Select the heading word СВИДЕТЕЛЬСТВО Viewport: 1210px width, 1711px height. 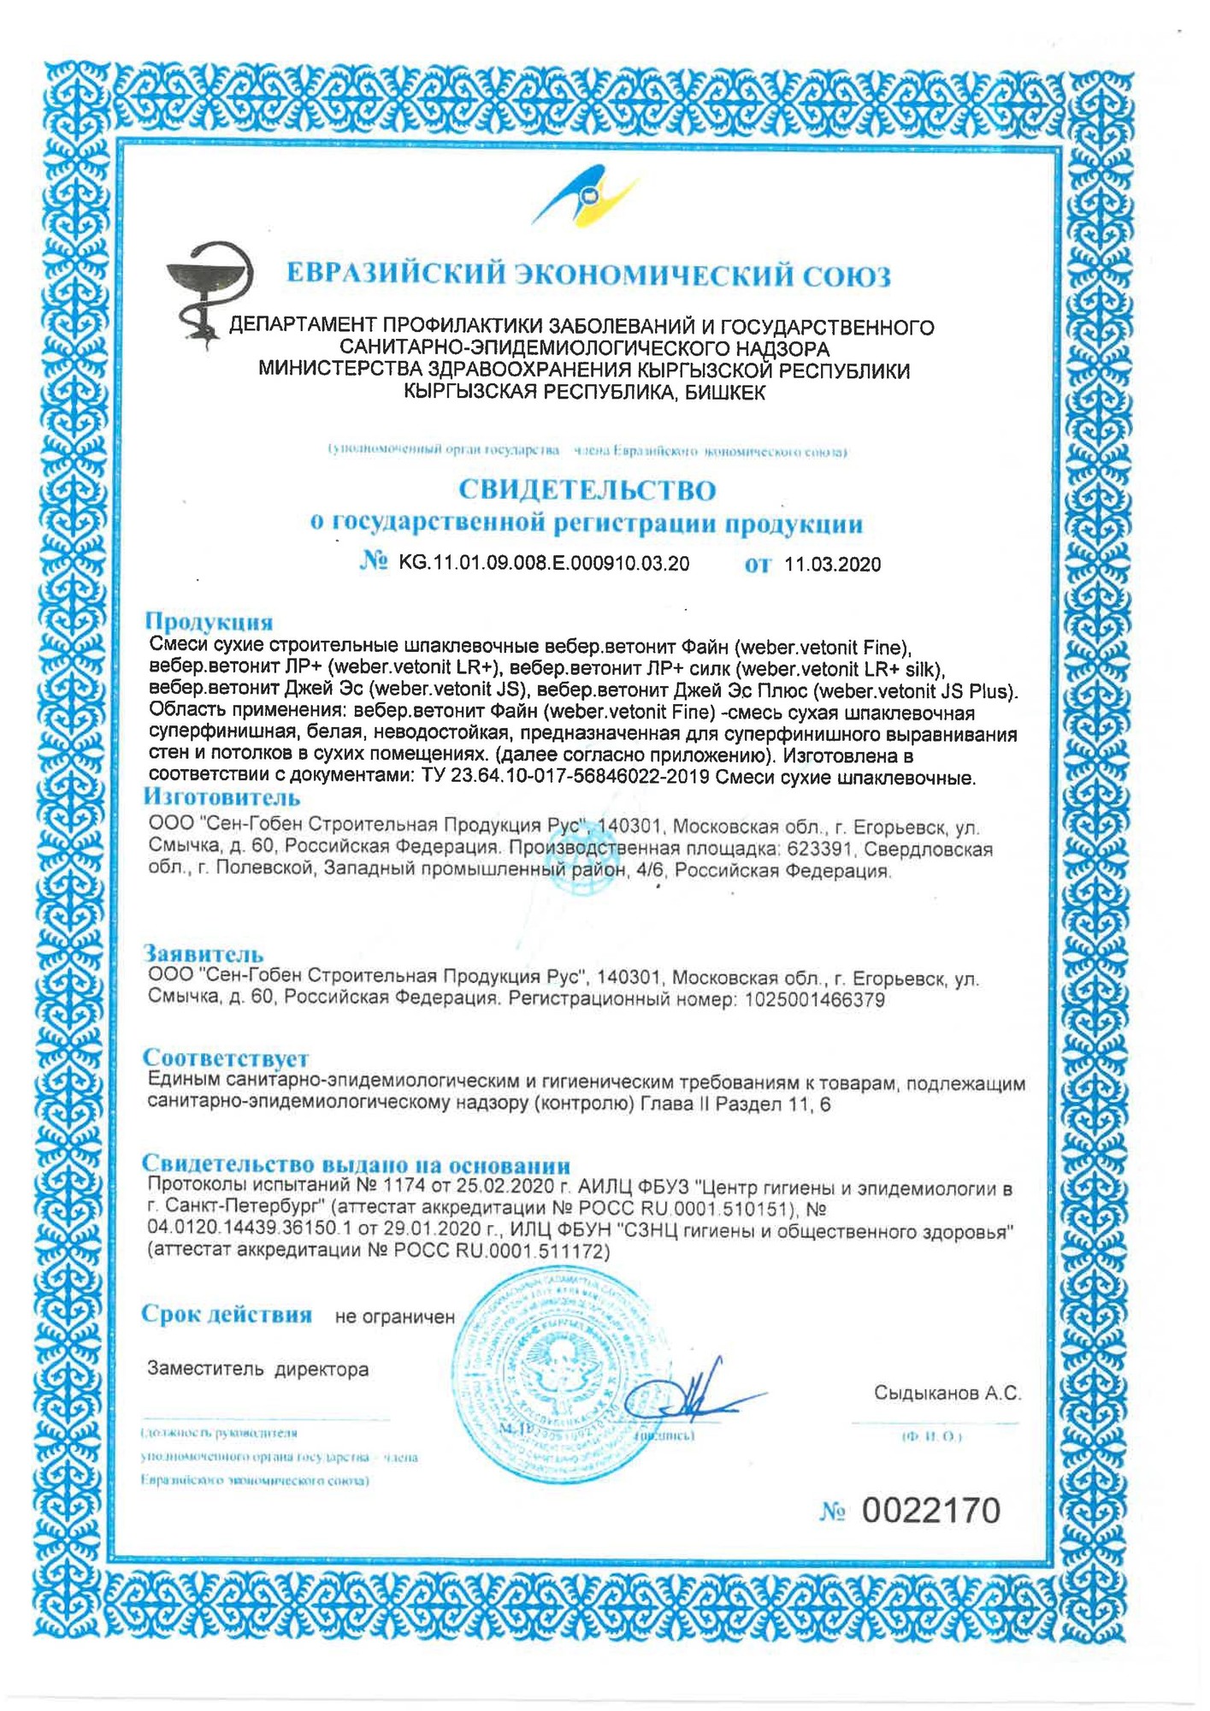point(587,490)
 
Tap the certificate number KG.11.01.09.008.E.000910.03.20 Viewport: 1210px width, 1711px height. point(544,563)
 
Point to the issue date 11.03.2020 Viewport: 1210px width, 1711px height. point(832,565)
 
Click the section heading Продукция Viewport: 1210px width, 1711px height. point(209,621)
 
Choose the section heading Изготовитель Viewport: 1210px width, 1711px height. point(221,797)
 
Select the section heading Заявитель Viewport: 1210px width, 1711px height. point(204,953)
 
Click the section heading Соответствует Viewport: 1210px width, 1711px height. point(226,1058)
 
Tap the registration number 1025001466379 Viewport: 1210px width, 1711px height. point(815,999)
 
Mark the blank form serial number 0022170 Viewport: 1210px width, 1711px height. point(930,1512)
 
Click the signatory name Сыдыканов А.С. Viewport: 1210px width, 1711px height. point(947,1394)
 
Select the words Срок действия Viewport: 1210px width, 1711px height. point(227,1315)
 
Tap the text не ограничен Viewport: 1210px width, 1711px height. point(395,1317)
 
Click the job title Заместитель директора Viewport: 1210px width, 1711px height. point(258,1370)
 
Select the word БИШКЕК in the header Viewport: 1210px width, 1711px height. point(725,393)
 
